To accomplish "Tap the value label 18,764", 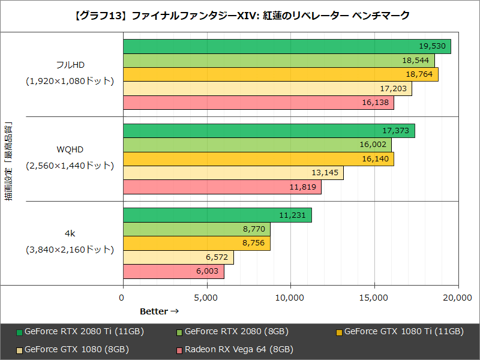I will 419,74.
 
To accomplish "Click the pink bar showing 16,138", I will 258,103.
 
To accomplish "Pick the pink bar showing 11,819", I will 222,187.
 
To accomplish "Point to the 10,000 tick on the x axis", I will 291,297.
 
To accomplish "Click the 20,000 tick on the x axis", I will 458,297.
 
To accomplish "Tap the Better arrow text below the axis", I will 159,311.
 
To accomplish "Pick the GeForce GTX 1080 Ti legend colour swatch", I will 340,332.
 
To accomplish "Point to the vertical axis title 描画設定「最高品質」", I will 8,162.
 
